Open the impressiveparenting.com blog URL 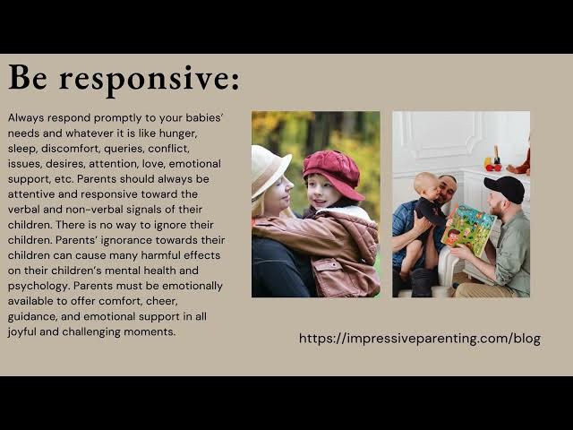(x=419, y=339)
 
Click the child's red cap (x=332, y=170)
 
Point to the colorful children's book (x=467, y=229)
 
